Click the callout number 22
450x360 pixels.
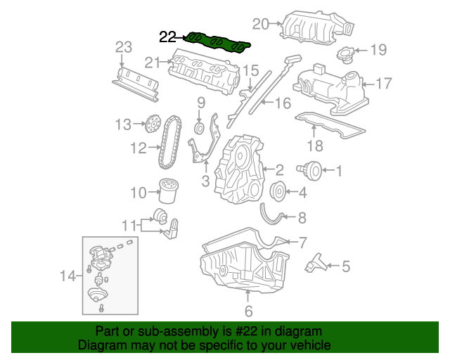click(x=168, y=37)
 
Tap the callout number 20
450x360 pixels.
click(x=261, y=25)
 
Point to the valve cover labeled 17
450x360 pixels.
click(x=330, y=88)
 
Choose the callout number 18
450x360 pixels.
click(x=314, y=146)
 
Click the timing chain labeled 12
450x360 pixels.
click(x=167, y=144)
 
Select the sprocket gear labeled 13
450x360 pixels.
click(x=148, y=126)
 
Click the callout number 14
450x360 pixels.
click(x=67, y=277)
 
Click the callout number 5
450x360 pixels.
click(x=345, y=266)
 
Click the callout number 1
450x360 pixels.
click(x=338, y=169)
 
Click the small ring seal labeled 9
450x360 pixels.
click(x=199, y=129)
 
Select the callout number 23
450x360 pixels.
click(x=124, y=47)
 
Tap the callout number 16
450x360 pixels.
click(x=282, y=104)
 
